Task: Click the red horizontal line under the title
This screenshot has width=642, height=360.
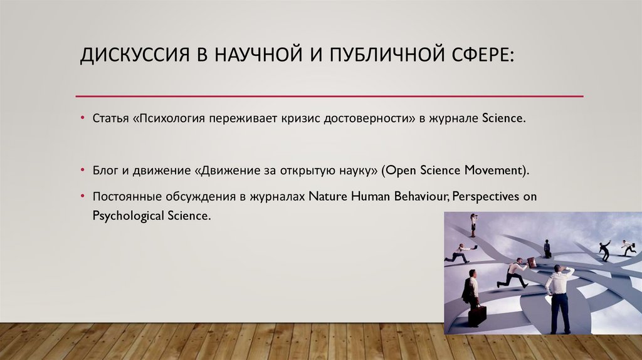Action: [329, 96]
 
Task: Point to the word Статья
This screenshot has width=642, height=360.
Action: [110, 118]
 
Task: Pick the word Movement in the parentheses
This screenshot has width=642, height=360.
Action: [495, 170]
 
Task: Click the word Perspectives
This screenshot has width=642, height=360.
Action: [485, 196]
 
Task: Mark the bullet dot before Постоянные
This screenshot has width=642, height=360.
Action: [83, 196]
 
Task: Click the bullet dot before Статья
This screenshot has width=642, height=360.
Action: [83, 118]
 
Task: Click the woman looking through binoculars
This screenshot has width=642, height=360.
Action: [473, 224]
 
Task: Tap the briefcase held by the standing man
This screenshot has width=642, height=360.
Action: [477, 315]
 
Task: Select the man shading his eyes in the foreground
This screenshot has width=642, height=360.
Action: [559, 295]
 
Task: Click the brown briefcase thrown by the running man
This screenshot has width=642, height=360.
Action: [532, 263]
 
